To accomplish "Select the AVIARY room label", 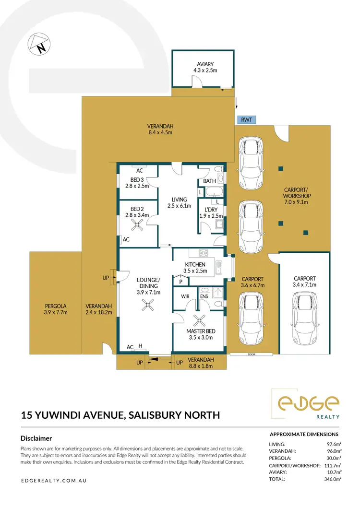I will (x=205, y=64).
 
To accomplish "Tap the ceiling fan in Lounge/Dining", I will (x=148, y=305).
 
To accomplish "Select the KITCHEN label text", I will (x=195, y=264).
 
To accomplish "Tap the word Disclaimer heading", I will (x=36, y=438).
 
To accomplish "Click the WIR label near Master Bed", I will (x=184, y=296).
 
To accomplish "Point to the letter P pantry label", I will (x=180, y=282).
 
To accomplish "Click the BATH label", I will (x=209, y=181).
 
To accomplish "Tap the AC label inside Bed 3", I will (x=139, y=170).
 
